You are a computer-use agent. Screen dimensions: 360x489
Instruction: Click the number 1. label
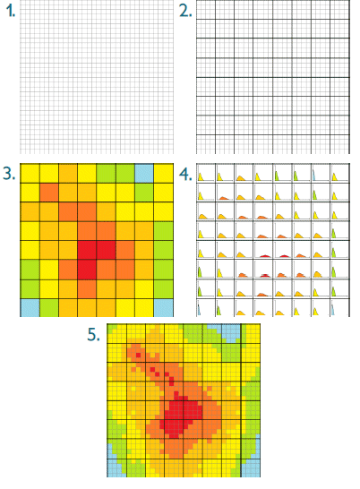tap(10, 12)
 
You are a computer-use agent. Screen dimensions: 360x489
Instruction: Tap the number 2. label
tap(185, 12)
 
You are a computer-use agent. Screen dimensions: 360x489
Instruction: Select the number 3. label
tap(9, 174)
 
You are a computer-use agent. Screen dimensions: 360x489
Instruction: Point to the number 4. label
tap(185, 176)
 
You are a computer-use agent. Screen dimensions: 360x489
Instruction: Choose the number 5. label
tap(94, 335)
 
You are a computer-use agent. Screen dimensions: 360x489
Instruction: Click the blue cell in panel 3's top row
tap(144, 174)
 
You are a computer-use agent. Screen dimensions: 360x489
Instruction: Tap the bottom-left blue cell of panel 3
tap(30, 308)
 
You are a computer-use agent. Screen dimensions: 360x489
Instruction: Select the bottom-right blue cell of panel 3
tap(164, 308)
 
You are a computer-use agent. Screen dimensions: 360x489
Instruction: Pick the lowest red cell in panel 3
tap(87, 270)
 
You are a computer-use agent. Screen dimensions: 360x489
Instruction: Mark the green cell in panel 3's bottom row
tap(49, 308)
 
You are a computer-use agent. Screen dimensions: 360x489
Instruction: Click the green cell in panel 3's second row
tap(144, 193)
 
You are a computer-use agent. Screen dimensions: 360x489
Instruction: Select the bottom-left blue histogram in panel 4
tap(198, 310)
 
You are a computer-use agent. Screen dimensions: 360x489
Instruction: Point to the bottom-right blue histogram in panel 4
tap(333, 310)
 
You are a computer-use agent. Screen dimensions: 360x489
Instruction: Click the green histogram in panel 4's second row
tap(314, 195)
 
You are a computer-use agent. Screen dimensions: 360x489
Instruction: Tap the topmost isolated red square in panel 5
tap(138, 356)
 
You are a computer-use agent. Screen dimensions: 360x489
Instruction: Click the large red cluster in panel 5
tap(181, 416)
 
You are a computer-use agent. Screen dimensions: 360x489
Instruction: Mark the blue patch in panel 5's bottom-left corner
tap(115, 465)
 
